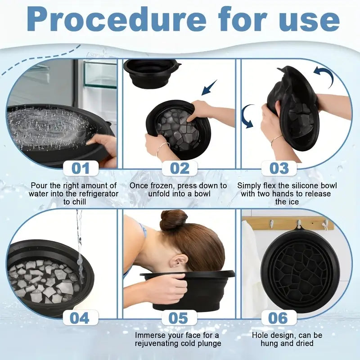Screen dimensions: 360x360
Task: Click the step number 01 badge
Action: pos(81,168)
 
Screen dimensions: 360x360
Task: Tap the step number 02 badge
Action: pos(180,168)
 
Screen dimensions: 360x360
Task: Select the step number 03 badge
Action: pos(279,168)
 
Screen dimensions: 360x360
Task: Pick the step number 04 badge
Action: pos(80,318)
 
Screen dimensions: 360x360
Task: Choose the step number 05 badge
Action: pos(178,318)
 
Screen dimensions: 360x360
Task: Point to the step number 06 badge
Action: pos(278,318)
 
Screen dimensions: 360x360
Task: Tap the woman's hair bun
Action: pos(174,219)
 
